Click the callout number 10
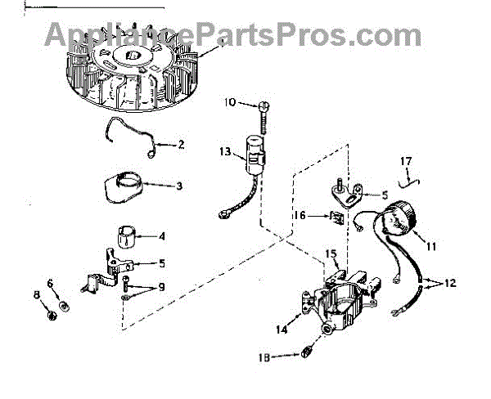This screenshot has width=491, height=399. coord(229,102)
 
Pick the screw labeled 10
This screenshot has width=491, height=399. coord(264,110)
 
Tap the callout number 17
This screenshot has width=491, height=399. coord(405,160)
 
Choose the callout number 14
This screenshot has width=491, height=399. coord(282,330)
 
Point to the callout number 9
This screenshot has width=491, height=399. coord(161,286)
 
